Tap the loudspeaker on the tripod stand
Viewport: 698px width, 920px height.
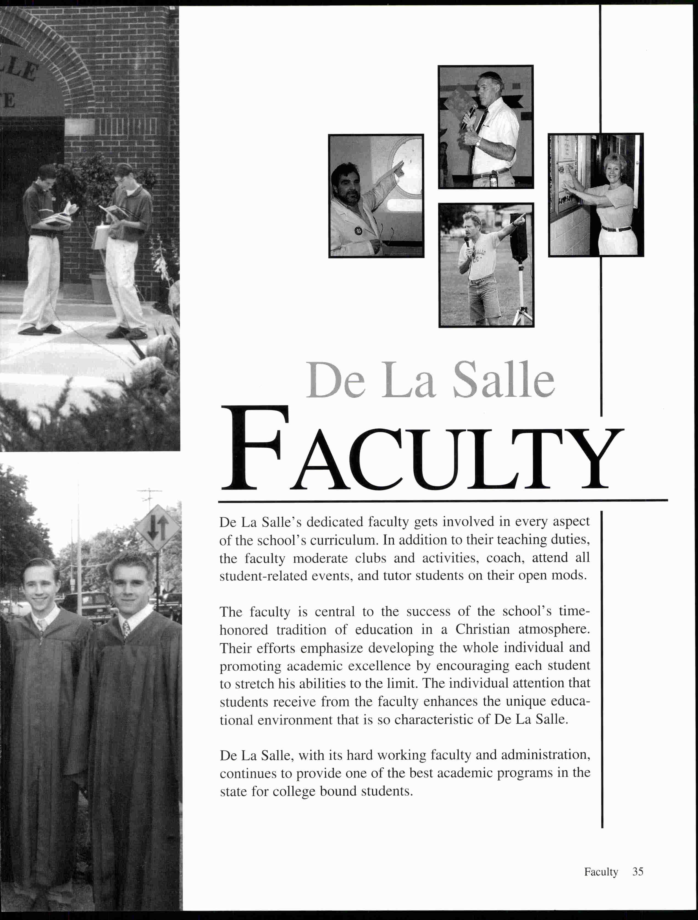(x=518, y=238)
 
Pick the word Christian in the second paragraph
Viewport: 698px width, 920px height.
(x=482, y=629)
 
